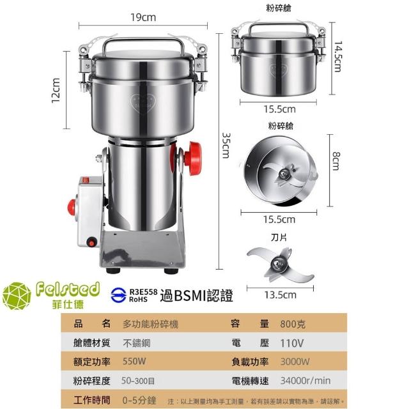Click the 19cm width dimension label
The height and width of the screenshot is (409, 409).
click(143, 17)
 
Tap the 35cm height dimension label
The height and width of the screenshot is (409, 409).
click(226, 145)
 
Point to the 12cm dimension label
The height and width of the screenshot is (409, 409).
click(56, 91)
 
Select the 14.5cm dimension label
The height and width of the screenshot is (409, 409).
click(338, 56)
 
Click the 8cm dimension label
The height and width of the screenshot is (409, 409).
click(336, 161)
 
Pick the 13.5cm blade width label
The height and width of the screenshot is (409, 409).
click(281, 295)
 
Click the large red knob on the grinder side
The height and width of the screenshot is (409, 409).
click(193, 158)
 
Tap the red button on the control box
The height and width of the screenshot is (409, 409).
click(72, 207)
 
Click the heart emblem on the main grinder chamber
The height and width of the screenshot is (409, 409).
click(143, 103)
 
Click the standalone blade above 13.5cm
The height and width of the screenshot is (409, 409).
click(281, 265)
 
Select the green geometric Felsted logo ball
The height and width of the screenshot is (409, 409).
click(17, 296)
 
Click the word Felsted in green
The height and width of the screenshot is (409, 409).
click(68, 289)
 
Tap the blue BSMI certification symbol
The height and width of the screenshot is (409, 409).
click(119, 295)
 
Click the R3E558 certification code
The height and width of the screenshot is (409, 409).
click(143, 292)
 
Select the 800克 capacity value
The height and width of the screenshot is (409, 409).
click(293, 324)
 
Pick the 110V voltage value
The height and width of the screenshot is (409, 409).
click(292, 343)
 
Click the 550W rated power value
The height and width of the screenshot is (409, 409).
click(134, 362)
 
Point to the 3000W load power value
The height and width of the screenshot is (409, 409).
click(295, 362)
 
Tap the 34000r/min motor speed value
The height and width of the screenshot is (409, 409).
click(305, 381)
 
